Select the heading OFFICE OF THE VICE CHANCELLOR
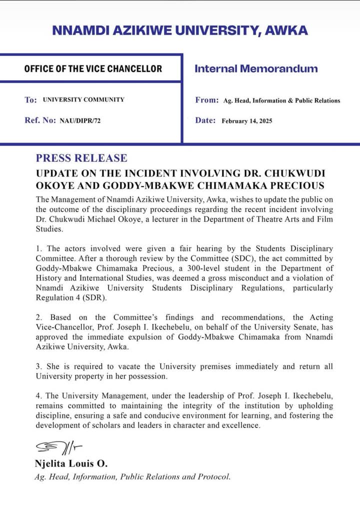93,68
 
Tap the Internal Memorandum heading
256,68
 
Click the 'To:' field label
30,100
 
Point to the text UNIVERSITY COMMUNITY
83,99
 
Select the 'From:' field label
206,100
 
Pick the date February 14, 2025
247,121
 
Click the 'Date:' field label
205,120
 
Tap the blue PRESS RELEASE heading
81,158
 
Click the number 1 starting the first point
38,248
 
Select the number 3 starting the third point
38,366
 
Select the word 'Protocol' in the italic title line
213,476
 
